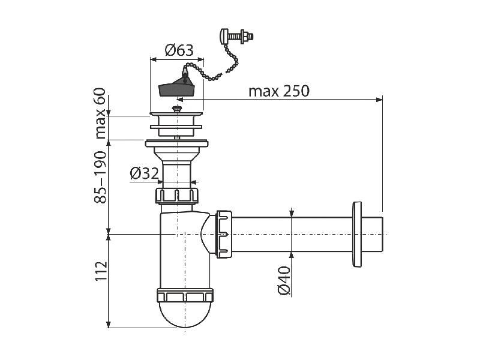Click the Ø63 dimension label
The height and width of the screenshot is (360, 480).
(x=179, y=50)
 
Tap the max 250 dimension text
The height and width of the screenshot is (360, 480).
(x=279, y=91)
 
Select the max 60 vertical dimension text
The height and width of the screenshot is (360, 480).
(x=100, y=113)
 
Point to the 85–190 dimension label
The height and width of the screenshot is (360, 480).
(x=100, y=177)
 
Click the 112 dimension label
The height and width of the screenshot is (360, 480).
(x=100, y=271)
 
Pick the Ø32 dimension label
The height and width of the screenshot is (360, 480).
(x=144, y=173)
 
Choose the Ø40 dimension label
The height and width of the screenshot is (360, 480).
(x=283, y=281)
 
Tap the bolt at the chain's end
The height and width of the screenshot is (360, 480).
(x=236, y=36)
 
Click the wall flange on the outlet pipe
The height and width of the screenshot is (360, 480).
(x=357, y=234)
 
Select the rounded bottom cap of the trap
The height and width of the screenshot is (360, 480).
(x=185, y=314)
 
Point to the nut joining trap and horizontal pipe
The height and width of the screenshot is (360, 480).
(x=224, y=234)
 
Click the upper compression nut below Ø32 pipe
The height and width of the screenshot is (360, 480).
(x=177, y=196)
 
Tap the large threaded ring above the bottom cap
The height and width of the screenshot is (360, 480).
(x=185, y=295)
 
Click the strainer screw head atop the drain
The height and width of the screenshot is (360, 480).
(x=176, y=109)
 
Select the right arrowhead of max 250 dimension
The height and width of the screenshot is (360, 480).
(x=380, y=99)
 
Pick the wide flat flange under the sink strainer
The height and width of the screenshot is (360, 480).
(x=176, y=143)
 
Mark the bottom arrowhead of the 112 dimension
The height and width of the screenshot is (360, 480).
(x=109, y=325)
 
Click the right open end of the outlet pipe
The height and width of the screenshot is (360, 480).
(x=382, y=234)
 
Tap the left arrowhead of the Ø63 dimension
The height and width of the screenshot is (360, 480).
(x=153, y=59)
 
